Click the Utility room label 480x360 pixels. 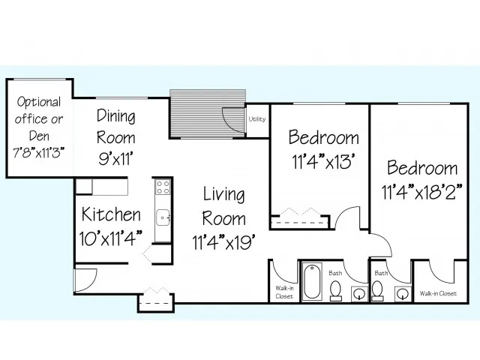(256, 119)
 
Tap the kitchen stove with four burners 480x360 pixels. (163, 187)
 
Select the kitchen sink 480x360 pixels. (163, 217)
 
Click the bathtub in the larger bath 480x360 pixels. (312, 281)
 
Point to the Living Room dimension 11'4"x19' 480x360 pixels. (223, 242)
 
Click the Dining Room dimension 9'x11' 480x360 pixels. (115, 158)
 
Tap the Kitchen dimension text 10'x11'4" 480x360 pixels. (111, 238)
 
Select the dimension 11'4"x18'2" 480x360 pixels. (421, 192)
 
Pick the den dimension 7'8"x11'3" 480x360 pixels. (39, 152)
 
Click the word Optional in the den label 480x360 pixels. (39, 102)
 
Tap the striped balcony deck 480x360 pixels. (208, 114)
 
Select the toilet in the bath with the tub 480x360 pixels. (336, 290)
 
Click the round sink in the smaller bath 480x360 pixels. (402, 294)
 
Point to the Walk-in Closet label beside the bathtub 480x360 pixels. (284, 292)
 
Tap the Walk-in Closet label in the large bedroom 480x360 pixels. (438, 293)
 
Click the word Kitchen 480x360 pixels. (111, 214)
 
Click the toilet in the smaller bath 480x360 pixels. (377, 290)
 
